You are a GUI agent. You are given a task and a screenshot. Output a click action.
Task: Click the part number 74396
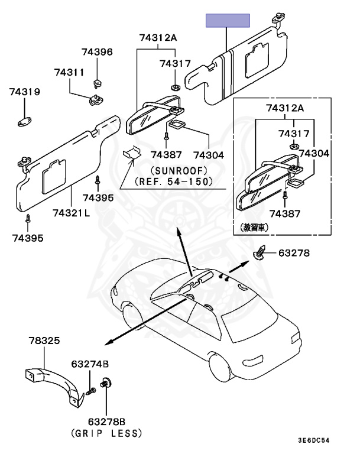tap(98, 52)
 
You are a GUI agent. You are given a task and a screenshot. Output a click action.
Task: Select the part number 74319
tap(25, 92)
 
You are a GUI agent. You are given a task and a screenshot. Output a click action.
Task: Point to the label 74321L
tap(70, 213)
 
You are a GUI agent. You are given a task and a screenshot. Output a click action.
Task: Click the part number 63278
tap(294, 254)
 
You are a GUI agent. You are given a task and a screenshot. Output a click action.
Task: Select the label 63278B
tap(106, 421)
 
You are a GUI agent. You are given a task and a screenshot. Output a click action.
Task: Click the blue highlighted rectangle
tap(228, 21)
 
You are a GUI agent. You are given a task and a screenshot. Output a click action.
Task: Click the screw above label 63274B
tap(91, 391)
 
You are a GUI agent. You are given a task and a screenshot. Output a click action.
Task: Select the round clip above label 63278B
tap(106, 383)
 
